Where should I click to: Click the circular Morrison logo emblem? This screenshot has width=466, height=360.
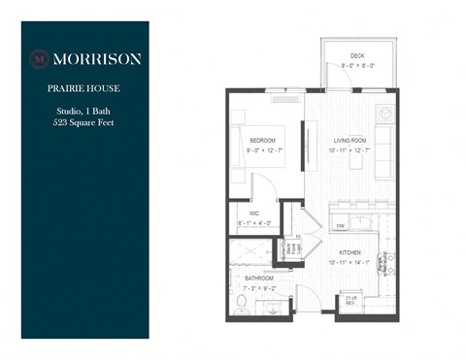pyautogui.click(x=39, y=58)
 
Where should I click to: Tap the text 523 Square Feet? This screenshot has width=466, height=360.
pyautogui.click(x=84, y=124)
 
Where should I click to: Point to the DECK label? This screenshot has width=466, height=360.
pyautogui.click(x=357, y=55)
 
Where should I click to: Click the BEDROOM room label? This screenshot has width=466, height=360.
pyautogui.click(x=262, y=141)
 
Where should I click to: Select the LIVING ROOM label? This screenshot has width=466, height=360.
pyautogui.click(x=348, y=141)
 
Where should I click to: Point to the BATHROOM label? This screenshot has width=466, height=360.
pyautogui.click(x=258, y=278)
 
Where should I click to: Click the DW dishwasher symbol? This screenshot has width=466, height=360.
pyautogui.click(x=340, y=226)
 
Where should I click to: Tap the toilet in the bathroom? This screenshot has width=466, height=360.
pyautogui.click(x=242, y=306)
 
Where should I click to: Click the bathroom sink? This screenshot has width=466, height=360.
pyautogui.click(x=271, y=309)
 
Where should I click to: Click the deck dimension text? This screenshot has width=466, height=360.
pyautogui.click(x=357, y=66)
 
